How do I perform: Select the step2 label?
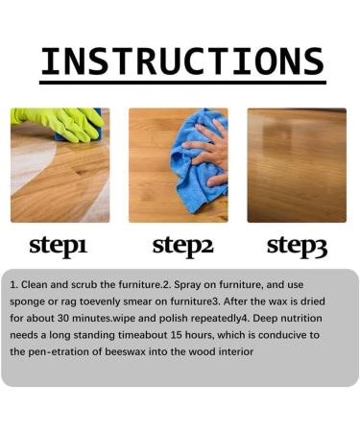(x=181, y=245)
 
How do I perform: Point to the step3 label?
(x=297, y=245)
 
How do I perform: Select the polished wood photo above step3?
(x=297, y=165)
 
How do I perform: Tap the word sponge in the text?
(x=28, y=302)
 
